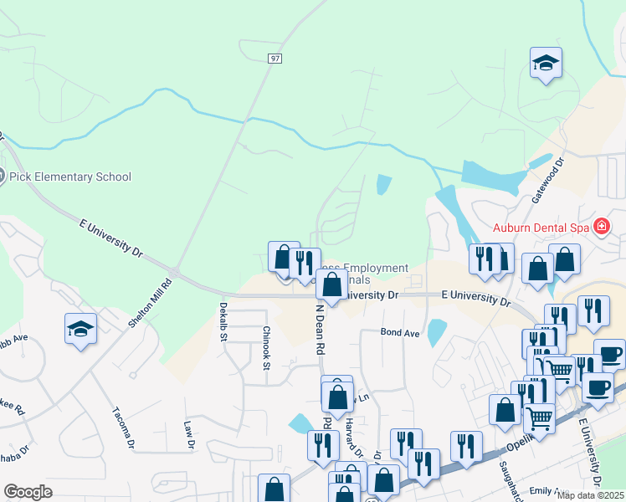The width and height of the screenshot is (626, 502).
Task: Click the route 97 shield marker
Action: point(275,58)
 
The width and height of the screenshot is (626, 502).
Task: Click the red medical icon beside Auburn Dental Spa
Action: point(600,226)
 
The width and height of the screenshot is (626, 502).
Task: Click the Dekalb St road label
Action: point(223,322)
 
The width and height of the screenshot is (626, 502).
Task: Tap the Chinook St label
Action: point(266,347)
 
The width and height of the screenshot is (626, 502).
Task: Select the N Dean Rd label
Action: point(319,330)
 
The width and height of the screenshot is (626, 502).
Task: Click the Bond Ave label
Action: point(400,332)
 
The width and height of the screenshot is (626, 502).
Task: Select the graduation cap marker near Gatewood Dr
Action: point(546,63)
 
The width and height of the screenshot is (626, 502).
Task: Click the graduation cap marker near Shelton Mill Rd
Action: point(80,328)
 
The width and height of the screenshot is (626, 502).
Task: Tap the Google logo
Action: point(28,492)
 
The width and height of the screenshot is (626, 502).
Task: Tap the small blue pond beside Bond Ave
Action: point(436,333)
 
